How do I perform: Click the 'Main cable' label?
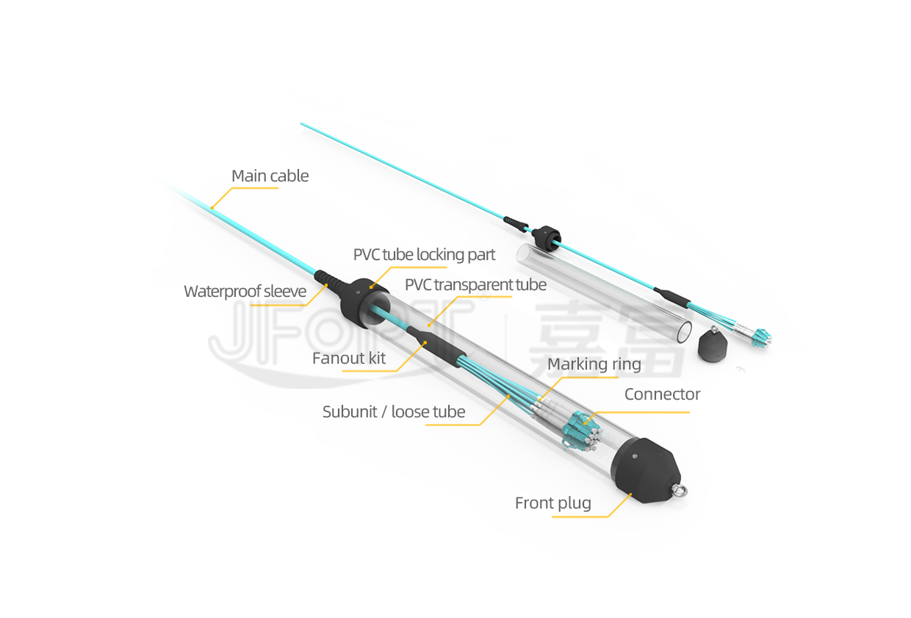click(x=270, y=176)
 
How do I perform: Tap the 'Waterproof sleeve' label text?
click(x=245, y=291)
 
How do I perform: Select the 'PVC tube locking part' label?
click(x=424, y=255)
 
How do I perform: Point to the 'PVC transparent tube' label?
click(x=475, y=285)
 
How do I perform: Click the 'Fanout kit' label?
click(x=349, y=358)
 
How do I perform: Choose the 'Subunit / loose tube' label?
click(x=394, y=412)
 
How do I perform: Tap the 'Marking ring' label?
click(x=594, y=364)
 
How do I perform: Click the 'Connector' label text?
click(x=662, y=394)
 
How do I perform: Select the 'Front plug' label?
click(x=553, y=503)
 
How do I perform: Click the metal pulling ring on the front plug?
click(x=680, y=490)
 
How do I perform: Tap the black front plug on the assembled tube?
click(x=644, y=470)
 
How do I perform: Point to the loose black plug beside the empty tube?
click(x=712, y=344)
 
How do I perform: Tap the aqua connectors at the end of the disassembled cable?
click(x=760, y=339)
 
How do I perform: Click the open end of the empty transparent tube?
click(x=684, y=331)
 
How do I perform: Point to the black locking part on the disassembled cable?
click(x=547, y=238)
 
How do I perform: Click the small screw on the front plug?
click(x=635, y=457)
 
